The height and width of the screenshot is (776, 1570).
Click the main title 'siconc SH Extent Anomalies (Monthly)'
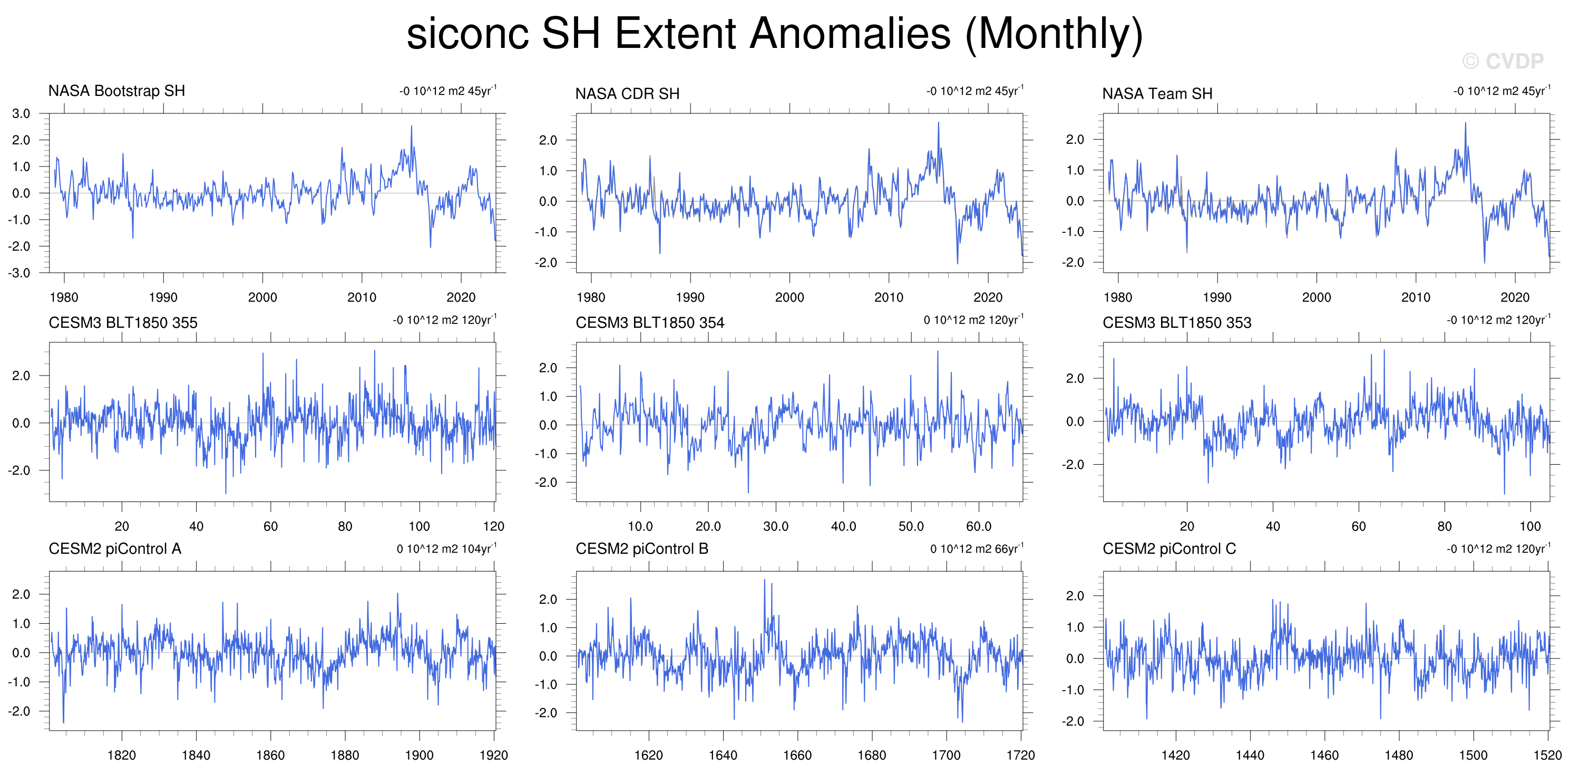[775, 34]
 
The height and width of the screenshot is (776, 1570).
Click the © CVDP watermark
[1503, 61]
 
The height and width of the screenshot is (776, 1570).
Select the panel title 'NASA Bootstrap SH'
[116, 91]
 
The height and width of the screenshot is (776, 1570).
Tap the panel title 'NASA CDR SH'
[627, 94]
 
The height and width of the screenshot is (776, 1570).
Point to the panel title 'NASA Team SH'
[1157, 94]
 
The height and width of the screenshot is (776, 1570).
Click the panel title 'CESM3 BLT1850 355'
[123, 323]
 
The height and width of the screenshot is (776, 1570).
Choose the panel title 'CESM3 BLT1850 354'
[650, 323]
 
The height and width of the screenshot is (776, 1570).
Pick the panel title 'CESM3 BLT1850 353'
[1177, 323]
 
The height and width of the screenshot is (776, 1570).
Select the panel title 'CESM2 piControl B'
[642, 549]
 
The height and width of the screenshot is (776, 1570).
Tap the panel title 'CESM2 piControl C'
[1169, 549]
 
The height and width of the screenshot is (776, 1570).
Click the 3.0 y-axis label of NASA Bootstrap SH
[21, 114]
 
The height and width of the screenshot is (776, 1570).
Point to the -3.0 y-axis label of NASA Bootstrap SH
[19, 273]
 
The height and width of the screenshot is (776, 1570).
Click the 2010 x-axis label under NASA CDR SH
[889, 297]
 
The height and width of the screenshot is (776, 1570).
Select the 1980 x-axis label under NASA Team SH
[1118, 297]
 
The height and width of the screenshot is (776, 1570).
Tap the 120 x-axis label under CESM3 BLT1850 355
[494, 526]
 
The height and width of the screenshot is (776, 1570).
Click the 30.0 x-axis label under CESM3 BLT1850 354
[776, 526]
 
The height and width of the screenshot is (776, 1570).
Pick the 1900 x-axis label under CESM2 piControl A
[420, 755]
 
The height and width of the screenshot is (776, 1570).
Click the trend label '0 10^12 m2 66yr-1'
[977, 548]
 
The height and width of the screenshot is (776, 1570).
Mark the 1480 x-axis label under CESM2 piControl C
[1399, 755]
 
